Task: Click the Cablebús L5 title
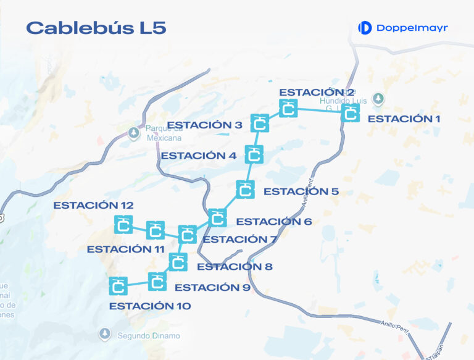96,28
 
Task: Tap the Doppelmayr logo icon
365,28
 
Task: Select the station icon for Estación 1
350,112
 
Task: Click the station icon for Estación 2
288,109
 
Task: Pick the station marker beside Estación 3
260,123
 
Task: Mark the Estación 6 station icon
217,217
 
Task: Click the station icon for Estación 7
187,234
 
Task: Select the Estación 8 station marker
178,262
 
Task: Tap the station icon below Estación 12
123,225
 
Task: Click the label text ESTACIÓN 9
212,288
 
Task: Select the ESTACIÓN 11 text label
125,249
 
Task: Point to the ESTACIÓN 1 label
404,119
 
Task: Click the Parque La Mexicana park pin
134,132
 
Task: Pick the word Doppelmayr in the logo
412,28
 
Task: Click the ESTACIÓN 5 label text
301,191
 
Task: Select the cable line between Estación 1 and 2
319,111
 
